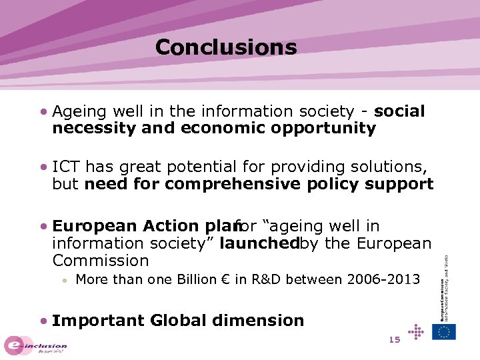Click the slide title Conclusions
[225, 47]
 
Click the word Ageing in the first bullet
[76, 111]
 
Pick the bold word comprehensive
[233, 183]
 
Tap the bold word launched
[258, 243]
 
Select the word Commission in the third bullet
[100, 261]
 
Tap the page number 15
[394, 340]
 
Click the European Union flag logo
[444, 331]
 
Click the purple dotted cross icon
[415, 331]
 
